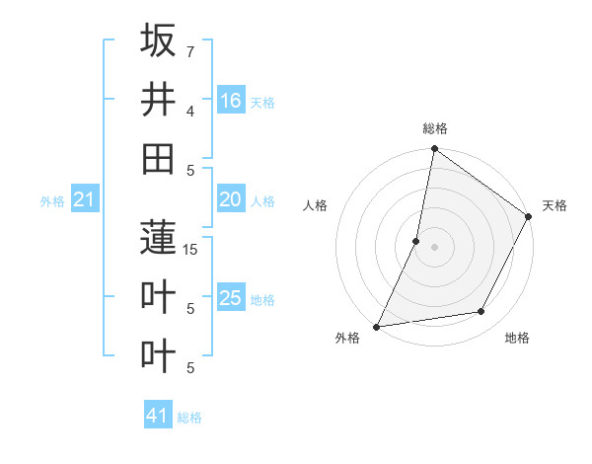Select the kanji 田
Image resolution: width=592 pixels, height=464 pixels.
coord(158,158)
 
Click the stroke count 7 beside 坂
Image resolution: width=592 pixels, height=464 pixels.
coord(189,50)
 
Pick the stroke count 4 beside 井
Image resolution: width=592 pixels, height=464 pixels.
coord(189,111)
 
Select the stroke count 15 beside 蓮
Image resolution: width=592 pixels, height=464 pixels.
coord(191,249)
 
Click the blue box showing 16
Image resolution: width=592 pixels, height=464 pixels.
coord(230,101)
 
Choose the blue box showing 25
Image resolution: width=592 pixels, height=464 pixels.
coord(230,298)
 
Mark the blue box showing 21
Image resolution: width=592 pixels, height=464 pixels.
coord(84,200)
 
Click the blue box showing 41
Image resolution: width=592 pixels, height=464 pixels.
coord(158,416)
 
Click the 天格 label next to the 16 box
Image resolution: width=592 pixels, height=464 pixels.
coord(262,102)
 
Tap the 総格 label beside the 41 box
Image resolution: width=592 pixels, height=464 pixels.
coord(189,418)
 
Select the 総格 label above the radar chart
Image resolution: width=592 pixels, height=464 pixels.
coord(435,128)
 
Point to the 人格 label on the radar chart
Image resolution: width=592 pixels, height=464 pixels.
coord(316,205)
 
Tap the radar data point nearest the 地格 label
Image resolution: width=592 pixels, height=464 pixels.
coord(481,312)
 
